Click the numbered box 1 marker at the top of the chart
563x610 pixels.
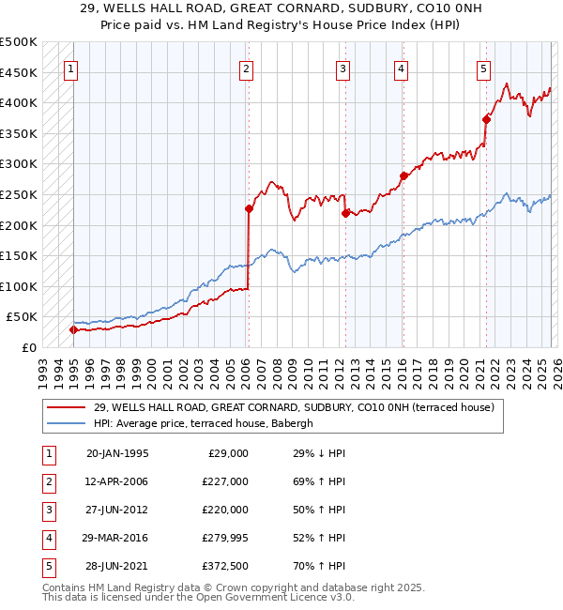[x=72, y=68]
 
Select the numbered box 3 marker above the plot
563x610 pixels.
[x=343, y=68]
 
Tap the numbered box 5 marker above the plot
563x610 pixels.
[x=483, y=68]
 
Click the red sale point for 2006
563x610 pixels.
[x=249, y=208]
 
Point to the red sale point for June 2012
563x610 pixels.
[x=345, y=213]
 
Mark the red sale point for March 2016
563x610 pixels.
[x=403, y=175]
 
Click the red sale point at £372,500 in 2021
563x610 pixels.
[x=486, y=119]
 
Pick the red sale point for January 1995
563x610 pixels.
[x=73, y=329]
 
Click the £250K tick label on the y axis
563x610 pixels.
[x=19, y=194]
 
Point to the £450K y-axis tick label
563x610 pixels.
[x=19, y=72]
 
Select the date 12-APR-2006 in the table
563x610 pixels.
[x=116, y=481]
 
